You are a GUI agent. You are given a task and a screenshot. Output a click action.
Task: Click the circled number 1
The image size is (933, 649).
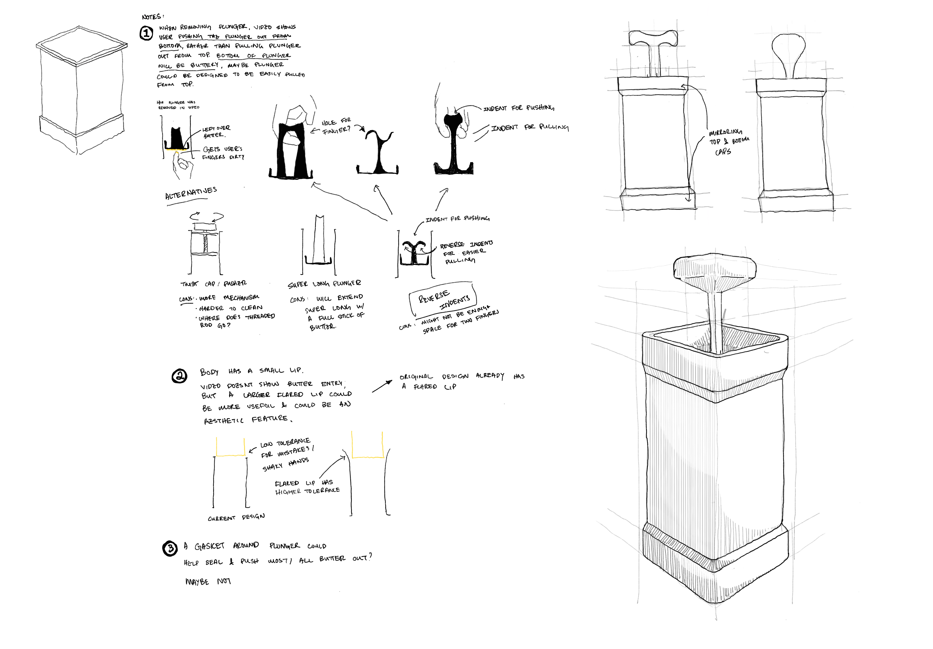pos(146,33)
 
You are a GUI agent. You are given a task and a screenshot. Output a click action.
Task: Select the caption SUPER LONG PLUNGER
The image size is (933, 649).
pos(324,284)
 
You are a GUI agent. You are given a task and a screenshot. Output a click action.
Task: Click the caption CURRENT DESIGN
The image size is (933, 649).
pos(236,517)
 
